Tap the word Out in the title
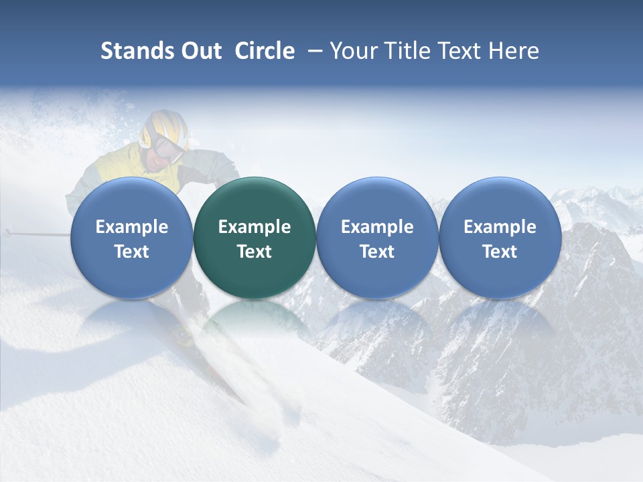click(x=200, y=51)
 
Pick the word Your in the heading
click(x=354, y=51)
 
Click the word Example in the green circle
click(x=255, y=227)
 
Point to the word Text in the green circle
click(x=255, y=252)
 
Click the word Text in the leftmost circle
click(x=131, y=252)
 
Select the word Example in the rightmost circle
click(x=500, y=227)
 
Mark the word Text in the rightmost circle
click(x=500, y=252)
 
